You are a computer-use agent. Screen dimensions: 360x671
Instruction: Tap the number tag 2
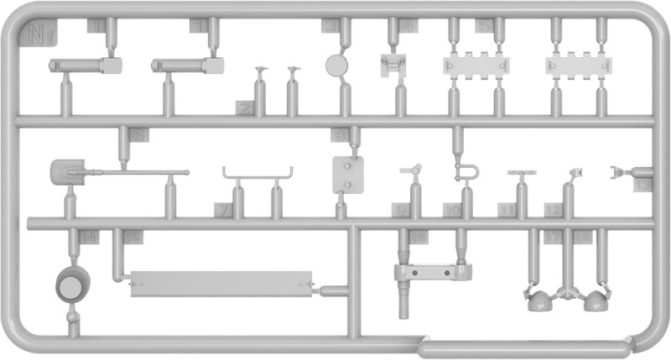click(x=245, y=107)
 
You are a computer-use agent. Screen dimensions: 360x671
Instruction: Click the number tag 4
click(x=409, y=26)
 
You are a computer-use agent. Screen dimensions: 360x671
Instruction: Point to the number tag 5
click(x=484, y=26)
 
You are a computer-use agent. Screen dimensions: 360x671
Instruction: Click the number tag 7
click(x=222, y=208)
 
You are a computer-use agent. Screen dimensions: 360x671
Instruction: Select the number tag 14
click(x=89, y=238)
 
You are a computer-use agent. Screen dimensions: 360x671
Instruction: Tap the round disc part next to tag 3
click(x=338, y=65)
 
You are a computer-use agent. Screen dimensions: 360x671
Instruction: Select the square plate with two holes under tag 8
click(x=346, y=175)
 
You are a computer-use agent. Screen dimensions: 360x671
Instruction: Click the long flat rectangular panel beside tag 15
click(x=221, y=283)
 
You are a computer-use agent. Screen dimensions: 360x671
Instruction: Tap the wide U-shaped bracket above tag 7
click(x=257, y=175)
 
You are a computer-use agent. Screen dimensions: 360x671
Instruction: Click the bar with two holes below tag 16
click(x=432, y=271)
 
